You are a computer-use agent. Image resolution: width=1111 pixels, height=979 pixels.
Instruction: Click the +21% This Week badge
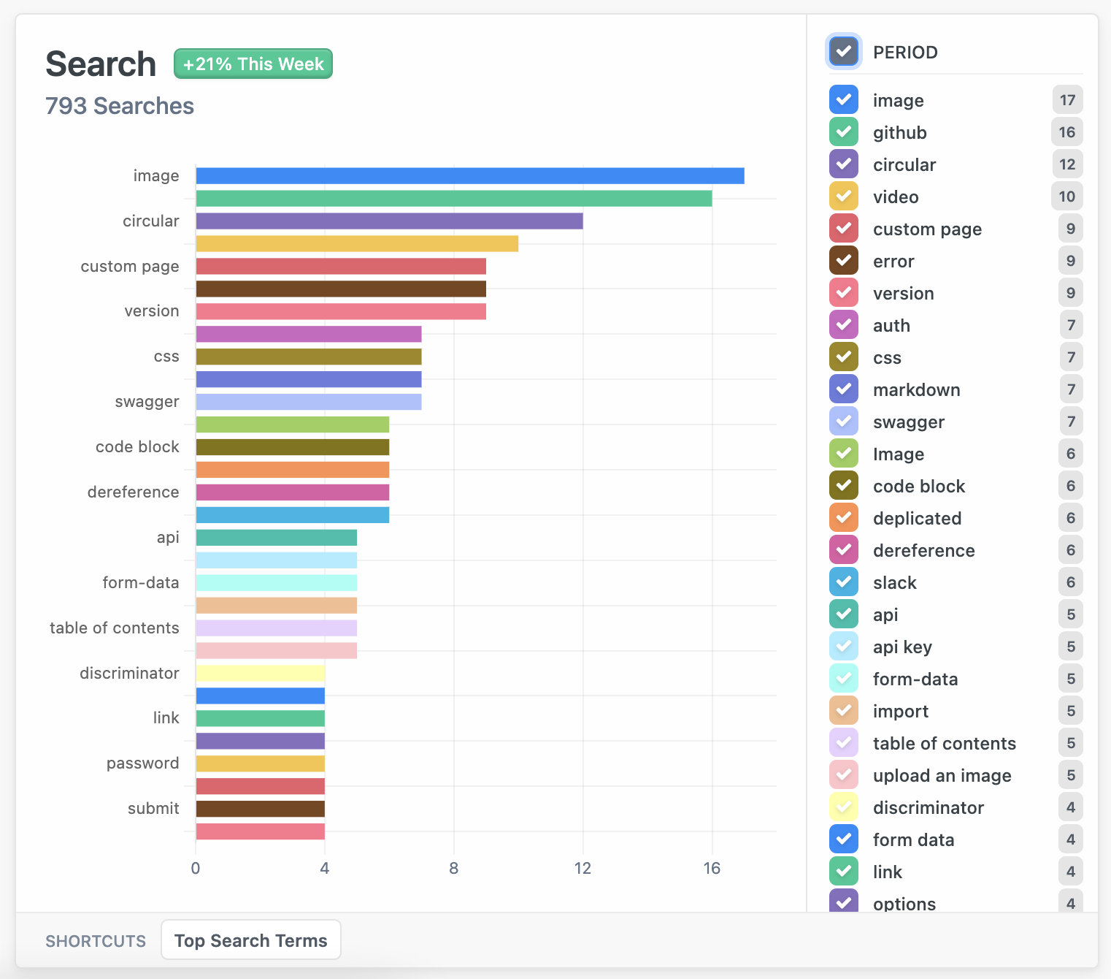253,64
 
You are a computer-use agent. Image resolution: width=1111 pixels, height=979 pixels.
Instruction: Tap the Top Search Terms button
250,940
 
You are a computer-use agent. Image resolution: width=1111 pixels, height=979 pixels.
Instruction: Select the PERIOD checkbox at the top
844,52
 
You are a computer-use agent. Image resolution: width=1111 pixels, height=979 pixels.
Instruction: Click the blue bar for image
469,176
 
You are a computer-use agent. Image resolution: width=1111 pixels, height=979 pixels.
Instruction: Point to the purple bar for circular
389,221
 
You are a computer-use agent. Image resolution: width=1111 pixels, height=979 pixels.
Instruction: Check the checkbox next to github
844,132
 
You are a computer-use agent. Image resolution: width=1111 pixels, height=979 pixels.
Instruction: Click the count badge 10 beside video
1066,197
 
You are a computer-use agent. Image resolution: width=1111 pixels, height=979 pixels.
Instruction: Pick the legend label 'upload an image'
942,775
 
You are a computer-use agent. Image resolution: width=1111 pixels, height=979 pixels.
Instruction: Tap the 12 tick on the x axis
583,868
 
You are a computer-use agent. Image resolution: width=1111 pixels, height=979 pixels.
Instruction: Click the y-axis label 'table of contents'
115,628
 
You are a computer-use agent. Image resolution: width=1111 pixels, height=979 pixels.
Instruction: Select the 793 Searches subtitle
120,106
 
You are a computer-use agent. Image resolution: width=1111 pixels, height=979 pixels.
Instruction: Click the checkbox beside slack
844,582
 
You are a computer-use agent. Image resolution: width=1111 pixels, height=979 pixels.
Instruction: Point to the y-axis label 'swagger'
147,402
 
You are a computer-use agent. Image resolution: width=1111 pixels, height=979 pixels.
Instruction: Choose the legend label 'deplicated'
917,518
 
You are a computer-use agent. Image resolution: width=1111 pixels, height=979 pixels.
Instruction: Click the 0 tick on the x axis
196,868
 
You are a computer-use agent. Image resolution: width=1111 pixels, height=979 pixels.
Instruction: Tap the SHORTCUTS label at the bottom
96,941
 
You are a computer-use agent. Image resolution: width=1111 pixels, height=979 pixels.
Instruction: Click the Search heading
101,64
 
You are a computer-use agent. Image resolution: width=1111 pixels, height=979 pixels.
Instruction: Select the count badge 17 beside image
1067,100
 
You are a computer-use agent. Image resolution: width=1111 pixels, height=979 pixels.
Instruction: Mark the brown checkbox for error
844,261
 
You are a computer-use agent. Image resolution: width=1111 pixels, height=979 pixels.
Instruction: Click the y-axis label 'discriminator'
129,673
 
